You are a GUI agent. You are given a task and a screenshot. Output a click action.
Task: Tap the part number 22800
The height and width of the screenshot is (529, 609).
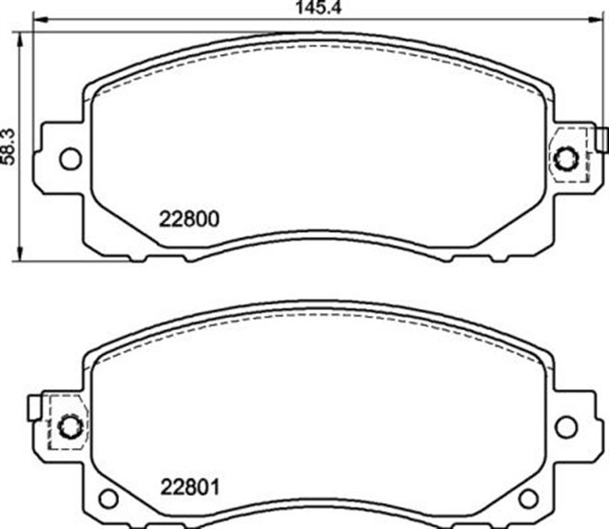[187, 217]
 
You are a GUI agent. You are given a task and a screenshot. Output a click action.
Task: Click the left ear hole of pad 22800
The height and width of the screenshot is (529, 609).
[69, 157]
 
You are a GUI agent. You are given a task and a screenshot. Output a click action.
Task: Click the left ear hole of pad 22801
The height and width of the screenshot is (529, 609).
[69, 424]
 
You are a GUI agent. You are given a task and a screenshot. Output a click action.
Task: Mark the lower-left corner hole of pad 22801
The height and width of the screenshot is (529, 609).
[109, 498]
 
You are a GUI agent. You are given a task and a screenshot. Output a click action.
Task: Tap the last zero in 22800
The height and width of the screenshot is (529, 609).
[214, 217]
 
